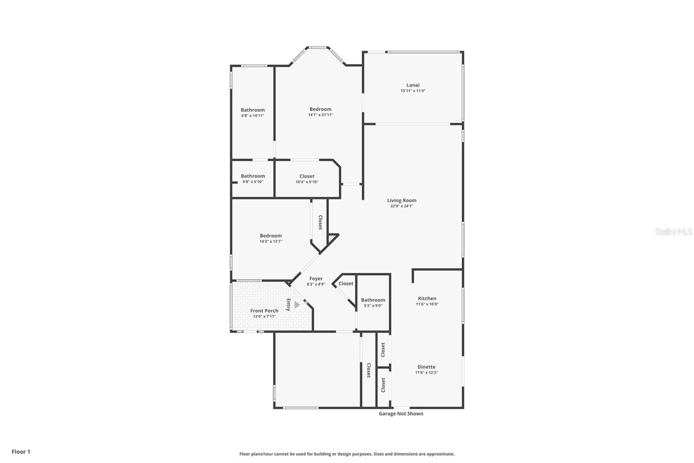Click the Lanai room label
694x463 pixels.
412,85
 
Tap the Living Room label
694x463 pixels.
402,200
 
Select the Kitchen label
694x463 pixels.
427,298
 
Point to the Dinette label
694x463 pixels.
426,367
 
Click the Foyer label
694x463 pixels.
316,278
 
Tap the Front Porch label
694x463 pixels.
264,311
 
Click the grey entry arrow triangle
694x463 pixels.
297,304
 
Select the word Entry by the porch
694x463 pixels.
288,304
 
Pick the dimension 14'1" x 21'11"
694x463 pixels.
320,115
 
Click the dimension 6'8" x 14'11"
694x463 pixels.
252,116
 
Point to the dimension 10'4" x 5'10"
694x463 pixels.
307,182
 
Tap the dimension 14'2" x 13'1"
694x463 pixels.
271,241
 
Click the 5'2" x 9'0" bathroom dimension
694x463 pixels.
373,305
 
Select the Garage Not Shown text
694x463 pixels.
401,413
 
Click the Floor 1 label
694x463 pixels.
21,452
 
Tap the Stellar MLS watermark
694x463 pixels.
673,231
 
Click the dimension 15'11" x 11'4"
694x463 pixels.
412,91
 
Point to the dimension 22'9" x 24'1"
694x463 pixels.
402,206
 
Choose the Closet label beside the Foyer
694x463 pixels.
346,283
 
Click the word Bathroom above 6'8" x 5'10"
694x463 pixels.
252,176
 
